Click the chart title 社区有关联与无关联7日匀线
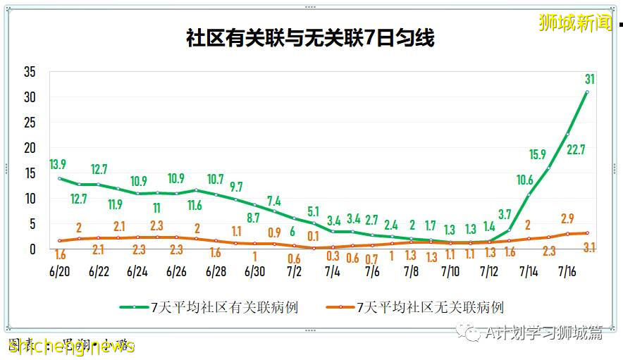coord(310,38)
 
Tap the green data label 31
coord(590,77)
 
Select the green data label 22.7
coord(575,149)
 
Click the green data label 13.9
coord(58,164)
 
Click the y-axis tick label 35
coord(30,72)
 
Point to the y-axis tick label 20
coord(30,148)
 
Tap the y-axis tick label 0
coord(32,249)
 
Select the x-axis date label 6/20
coord(59,271)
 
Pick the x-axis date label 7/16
coord(569,271)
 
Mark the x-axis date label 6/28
coord(215,271)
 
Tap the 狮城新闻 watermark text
coord(575,23)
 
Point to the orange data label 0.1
coord(313,235)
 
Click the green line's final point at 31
coord(587,92)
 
